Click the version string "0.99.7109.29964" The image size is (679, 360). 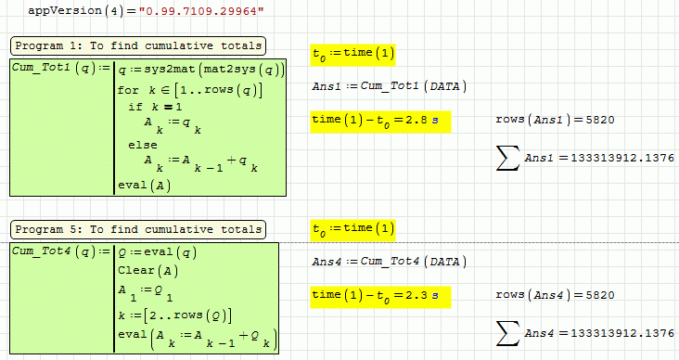tap(201, 11)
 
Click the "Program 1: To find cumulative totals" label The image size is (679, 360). tap(138, 45)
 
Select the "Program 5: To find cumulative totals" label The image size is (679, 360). tap(138, 229)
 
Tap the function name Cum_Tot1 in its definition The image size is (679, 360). tap(41, 68)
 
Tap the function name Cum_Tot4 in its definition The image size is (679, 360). tap(41, 251)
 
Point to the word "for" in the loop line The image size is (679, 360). tap(128, 90)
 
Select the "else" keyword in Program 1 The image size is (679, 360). tap(143, 145)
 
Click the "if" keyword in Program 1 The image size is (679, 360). tap(135, 107)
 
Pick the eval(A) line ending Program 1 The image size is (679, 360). tap(144, 186)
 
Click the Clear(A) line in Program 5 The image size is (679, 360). tap(147, 271)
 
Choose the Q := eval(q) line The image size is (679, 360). tap(157, 252)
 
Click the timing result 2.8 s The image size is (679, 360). tap(422, 120)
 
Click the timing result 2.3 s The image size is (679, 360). tap(422, 295)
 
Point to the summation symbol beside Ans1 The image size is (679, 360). tap(507, 158)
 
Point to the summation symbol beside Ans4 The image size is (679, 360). tap(507, 333)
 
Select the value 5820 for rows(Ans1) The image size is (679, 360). tap(600, 120)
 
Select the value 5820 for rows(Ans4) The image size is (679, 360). tap(600, 295)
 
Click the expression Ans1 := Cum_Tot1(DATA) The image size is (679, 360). tap(390, 86)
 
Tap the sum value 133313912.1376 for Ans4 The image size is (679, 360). tap(622, 333)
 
